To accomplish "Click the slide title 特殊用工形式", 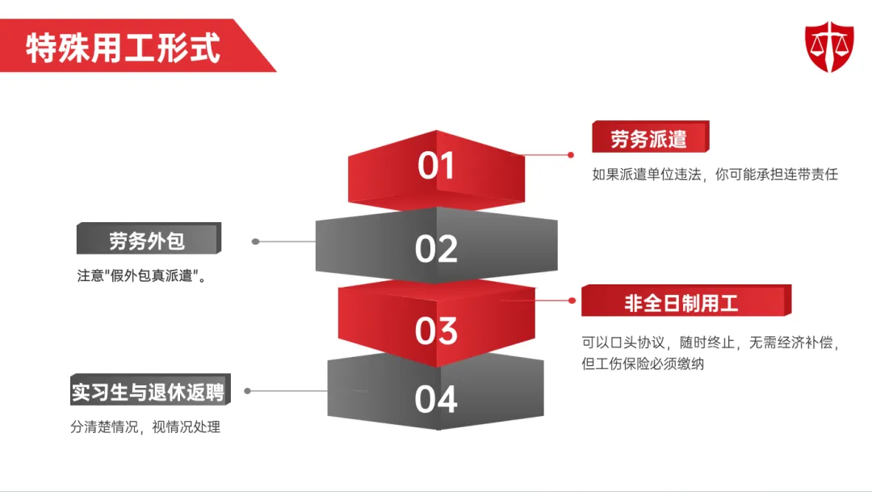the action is [x=123, y=48].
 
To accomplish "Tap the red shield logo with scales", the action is [x=829, y=46].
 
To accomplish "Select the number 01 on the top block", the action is [x=436, y=166].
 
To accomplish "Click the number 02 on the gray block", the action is [x=436, y=249].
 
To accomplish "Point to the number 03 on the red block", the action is [x=436, y=330].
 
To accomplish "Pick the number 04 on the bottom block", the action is [x=436, y=399].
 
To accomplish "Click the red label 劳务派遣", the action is [x=649, y=138].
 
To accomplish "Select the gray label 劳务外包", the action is [x=147, y=241].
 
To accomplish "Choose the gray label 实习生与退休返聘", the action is [x=147, y=392].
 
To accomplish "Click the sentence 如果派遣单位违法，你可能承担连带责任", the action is [x=715, y=175].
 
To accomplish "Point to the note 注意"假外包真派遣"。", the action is [x=140, y=275].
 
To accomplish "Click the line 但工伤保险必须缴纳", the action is [x=643, y=364].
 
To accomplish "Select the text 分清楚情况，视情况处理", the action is [x=145, y=427].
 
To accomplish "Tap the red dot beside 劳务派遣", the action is [x=571, y=154].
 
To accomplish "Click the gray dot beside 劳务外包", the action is [x=255, y=241].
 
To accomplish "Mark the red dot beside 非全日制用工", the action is [x=572, y=300].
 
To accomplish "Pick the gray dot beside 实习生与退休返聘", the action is [x=248, y=390].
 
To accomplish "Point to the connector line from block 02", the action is [x=287, y=241].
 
